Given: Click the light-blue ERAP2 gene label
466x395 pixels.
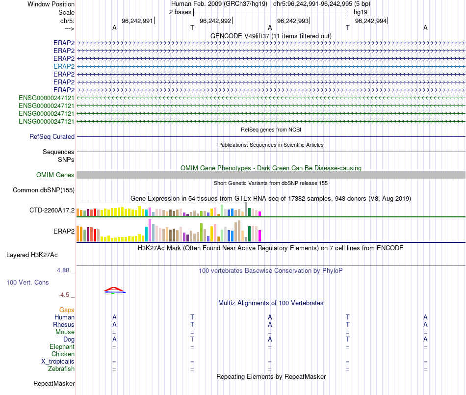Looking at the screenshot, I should coord(64,66).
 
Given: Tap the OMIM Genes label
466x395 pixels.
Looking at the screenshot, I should coord(55,175).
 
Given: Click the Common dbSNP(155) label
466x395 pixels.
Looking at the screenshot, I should coord(47,190).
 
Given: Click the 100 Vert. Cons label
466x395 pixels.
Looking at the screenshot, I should coord(28,283).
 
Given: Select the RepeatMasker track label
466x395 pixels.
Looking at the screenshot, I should coord(54,383).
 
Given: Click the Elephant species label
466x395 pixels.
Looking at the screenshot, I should coord(62,347).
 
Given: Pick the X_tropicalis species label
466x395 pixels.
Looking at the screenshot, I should coord(58,362).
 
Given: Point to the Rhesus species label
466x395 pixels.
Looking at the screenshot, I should coord(64,325).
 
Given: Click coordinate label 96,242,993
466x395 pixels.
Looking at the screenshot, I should coord(293,21).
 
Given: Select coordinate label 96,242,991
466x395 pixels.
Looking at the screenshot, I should coord(137,21).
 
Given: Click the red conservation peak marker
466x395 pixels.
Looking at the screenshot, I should coord(114,289).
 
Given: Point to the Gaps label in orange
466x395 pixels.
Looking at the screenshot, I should coord(67,310).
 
